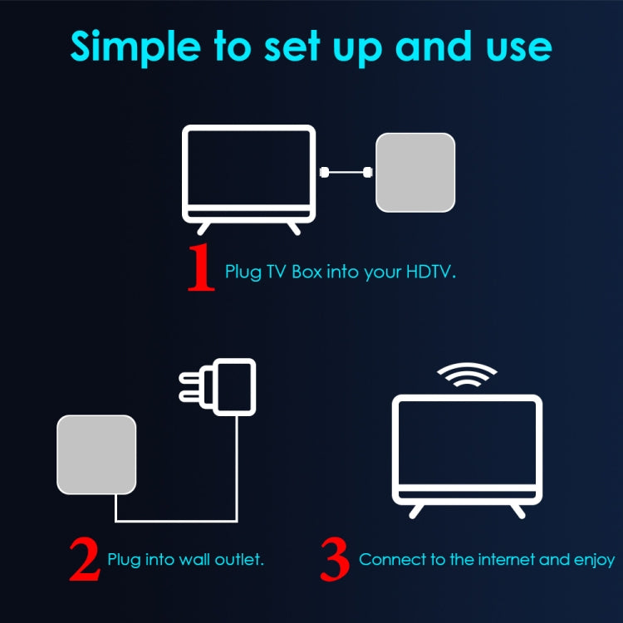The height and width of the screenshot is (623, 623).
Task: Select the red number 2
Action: (x=85, y=561)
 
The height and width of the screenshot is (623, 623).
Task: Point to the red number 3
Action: (x=335, y=561)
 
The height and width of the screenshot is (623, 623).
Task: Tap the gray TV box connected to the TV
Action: (x=415, y=172)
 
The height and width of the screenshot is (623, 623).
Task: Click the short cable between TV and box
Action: (x=346, y=173)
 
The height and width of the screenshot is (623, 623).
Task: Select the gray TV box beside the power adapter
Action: (x=96, y=454)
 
